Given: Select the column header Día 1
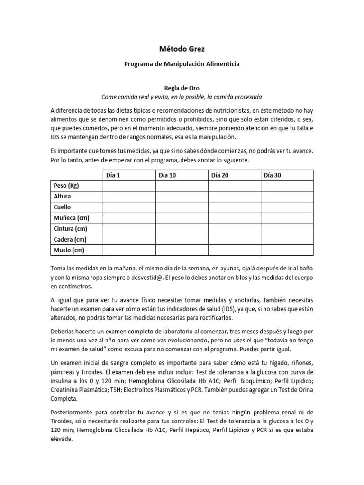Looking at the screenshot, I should coord(113,175).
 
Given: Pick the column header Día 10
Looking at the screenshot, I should coord(167,175).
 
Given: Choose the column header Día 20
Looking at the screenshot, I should coord(219,175).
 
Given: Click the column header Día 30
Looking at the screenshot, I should coord(272,175).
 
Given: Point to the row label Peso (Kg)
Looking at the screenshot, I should coord(67,186).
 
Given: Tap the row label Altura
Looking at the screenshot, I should coord(63,197).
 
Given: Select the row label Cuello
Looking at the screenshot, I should coord(63,207).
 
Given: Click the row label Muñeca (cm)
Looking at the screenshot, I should coord(72,218).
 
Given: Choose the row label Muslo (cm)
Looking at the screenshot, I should coord(69,250).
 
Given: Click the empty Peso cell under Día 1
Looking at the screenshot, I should coord(129,186).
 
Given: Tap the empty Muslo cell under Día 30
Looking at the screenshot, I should coord(287,250).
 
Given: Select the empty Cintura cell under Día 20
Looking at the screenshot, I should coord(234,229).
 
